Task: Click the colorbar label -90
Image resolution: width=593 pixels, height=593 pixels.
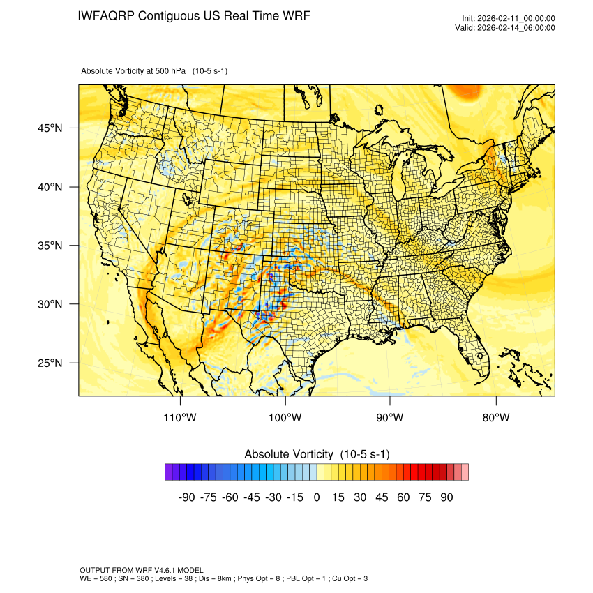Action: point(186,497)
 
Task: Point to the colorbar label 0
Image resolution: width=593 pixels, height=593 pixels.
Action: point(317,497)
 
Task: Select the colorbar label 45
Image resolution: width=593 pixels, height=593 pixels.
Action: point(382,497)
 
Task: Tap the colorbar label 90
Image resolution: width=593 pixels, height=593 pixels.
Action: point(446,497)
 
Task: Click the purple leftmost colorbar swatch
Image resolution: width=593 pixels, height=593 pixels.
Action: point(169,472)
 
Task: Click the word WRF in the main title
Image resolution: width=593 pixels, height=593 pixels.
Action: point(295,15)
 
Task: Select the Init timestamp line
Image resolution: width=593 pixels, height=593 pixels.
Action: point(509,18)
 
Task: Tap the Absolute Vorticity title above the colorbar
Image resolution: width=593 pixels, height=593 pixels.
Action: point(317,454)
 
